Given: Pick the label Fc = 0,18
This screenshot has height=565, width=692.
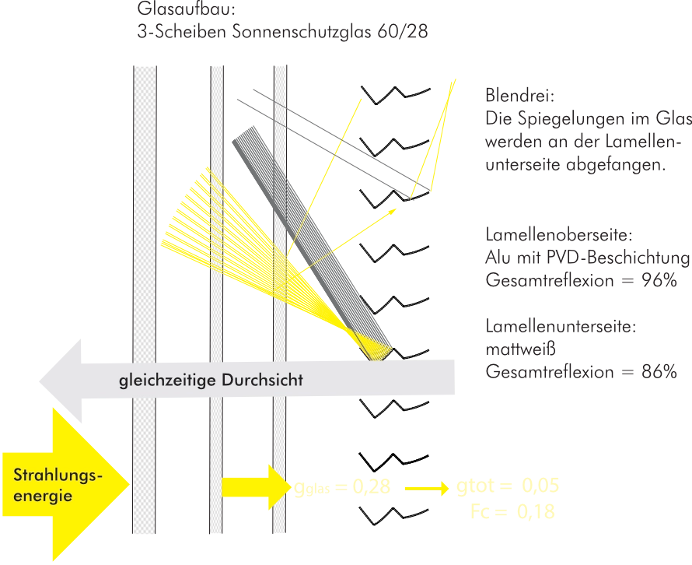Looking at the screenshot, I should pyautogui.click(x=515, y=511).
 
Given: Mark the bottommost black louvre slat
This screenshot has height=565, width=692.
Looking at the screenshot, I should pyautogui.click(x=392, y=512).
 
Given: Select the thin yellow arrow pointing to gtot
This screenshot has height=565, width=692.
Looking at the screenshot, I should pyautogui.click(x=428, y=489).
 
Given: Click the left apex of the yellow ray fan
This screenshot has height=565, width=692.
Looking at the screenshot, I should pyautogui.click(x=161, y=246).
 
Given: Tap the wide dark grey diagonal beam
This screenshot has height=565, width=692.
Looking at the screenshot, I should pyautogui.click(x=311, y=233).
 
